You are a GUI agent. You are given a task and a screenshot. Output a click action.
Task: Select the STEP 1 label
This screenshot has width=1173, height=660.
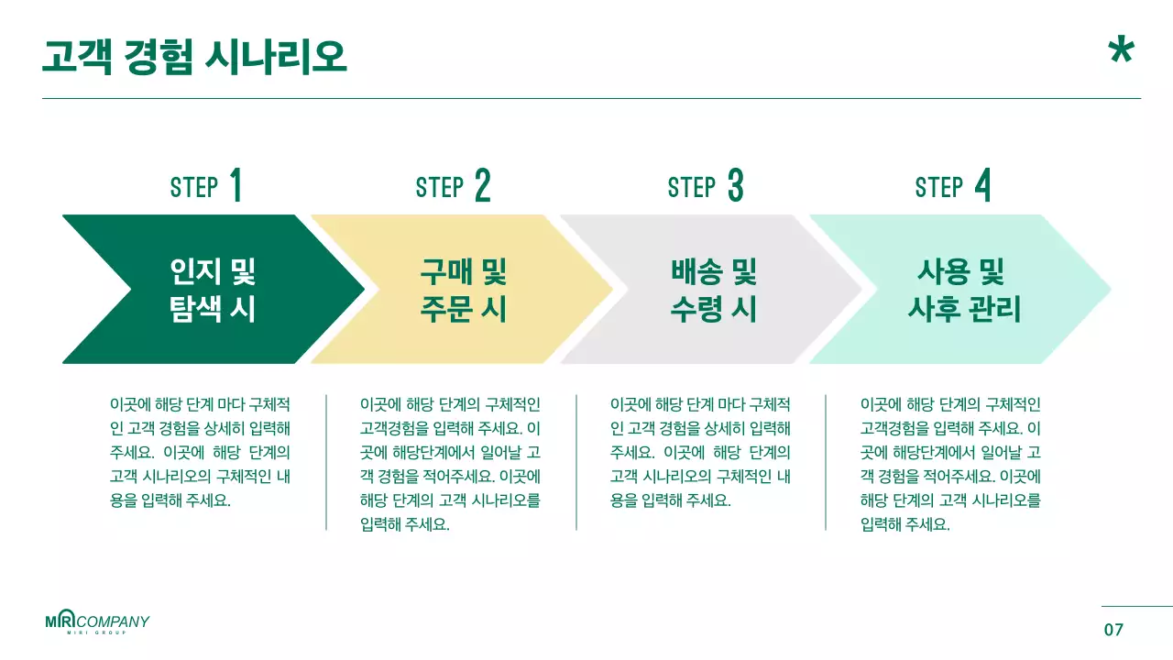[x=206, y=186]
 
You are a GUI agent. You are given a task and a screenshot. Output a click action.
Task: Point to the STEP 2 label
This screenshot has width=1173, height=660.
[x=453, y=186]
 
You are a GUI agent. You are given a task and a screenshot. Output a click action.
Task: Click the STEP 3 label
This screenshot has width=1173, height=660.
[x=705, y=186]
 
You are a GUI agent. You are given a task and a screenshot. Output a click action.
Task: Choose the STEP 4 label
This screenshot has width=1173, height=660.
[x=953, y=186]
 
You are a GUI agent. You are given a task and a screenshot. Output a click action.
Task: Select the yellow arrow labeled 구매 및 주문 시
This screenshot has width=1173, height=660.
[x=463, y=290]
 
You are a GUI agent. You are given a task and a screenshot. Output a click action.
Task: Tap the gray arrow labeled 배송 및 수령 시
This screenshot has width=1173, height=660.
[x=713, y=290]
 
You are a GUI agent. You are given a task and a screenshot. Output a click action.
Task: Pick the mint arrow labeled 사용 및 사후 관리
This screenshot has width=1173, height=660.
[x=962, y=290]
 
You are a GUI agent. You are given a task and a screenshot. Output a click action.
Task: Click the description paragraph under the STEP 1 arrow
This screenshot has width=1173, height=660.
[x=200, y=452]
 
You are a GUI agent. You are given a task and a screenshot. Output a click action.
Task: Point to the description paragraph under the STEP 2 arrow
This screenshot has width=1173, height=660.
[x=451, y=464]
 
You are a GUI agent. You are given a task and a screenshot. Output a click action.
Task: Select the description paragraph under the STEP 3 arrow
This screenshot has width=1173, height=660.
[x=700, y=452]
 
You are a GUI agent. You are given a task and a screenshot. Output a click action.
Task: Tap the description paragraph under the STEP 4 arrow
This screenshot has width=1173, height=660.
[x=951, y=464]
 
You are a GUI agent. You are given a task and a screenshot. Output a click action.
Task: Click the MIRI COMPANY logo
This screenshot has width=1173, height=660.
[x=97, y=622]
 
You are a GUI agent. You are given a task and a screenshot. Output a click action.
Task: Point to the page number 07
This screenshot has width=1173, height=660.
[x=1113, y=630]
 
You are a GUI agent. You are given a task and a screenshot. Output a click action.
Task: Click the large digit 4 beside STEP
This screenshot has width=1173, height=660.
[x=982, y=186]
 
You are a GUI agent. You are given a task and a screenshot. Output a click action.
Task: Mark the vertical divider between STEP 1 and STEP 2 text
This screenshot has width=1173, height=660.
[x=326, y=462]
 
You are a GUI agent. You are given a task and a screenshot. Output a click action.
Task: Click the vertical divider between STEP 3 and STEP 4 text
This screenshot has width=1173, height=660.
[x=826, y=462]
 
